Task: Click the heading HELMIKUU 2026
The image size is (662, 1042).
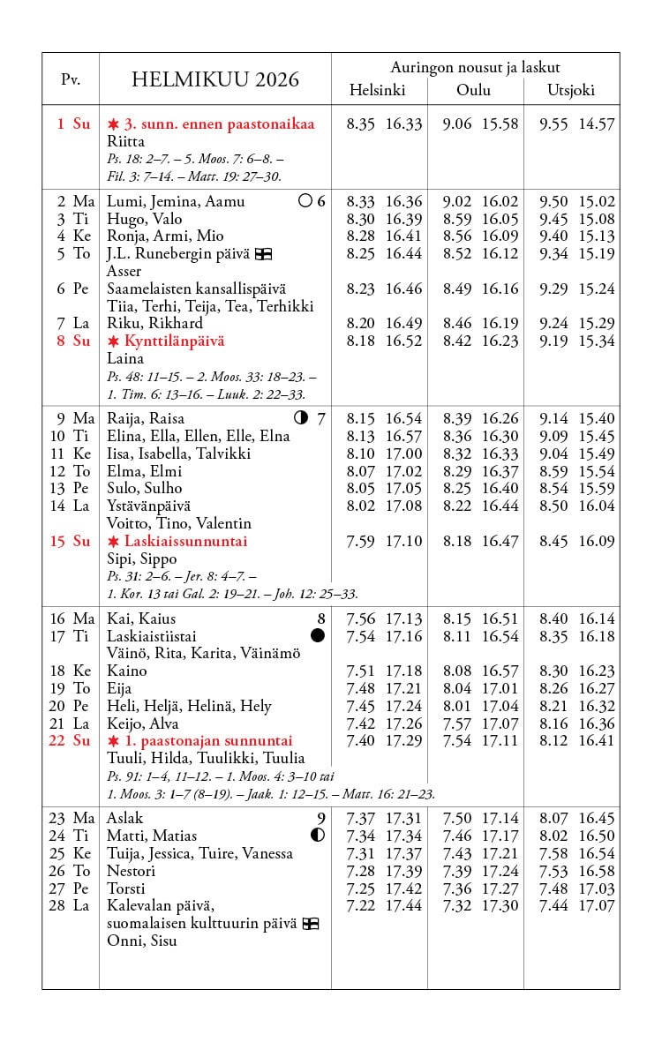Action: [x=215, y=80]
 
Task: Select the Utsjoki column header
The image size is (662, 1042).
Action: [x=571, y=90]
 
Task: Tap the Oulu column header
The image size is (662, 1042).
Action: [x=474, y=90]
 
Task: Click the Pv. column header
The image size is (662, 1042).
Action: [x=71, y=79]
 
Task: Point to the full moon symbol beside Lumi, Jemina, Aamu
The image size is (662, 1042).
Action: [x=305, y=201]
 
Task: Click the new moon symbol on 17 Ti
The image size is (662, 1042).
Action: [x=318, y=635]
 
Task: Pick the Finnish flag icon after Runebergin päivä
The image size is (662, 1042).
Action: [x=263, y=254]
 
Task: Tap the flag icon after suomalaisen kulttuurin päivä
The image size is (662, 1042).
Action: [x=310, y=924]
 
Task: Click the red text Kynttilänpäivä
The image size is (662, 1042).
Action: [x=174, y=341]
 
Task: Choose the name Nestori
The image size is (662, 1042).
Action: [x=132, y=871]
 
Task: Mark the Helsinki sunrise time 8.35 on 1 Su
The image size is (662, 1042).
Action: [x=361, y=124]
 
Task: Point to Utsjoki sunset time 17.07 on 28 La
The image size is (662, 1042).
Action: [x=597, y=905]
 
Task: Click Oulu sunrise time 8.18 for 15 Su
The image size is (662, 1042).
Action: [x=457, y=541]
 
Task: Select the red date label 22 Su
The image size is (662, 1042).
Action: [x=70, y=740]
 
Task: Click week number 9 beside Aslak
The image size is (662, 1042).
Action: [x=321, y=818]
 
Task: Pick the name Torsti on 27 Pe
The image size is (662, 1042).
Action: [x=126, y=888]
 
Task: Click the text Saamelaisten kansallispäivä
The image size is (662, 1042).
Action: [x=197, y=289]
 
